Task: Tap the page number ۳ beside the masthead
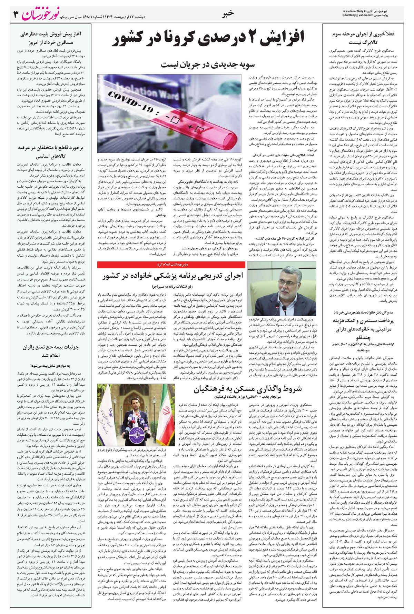(16, 14)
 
